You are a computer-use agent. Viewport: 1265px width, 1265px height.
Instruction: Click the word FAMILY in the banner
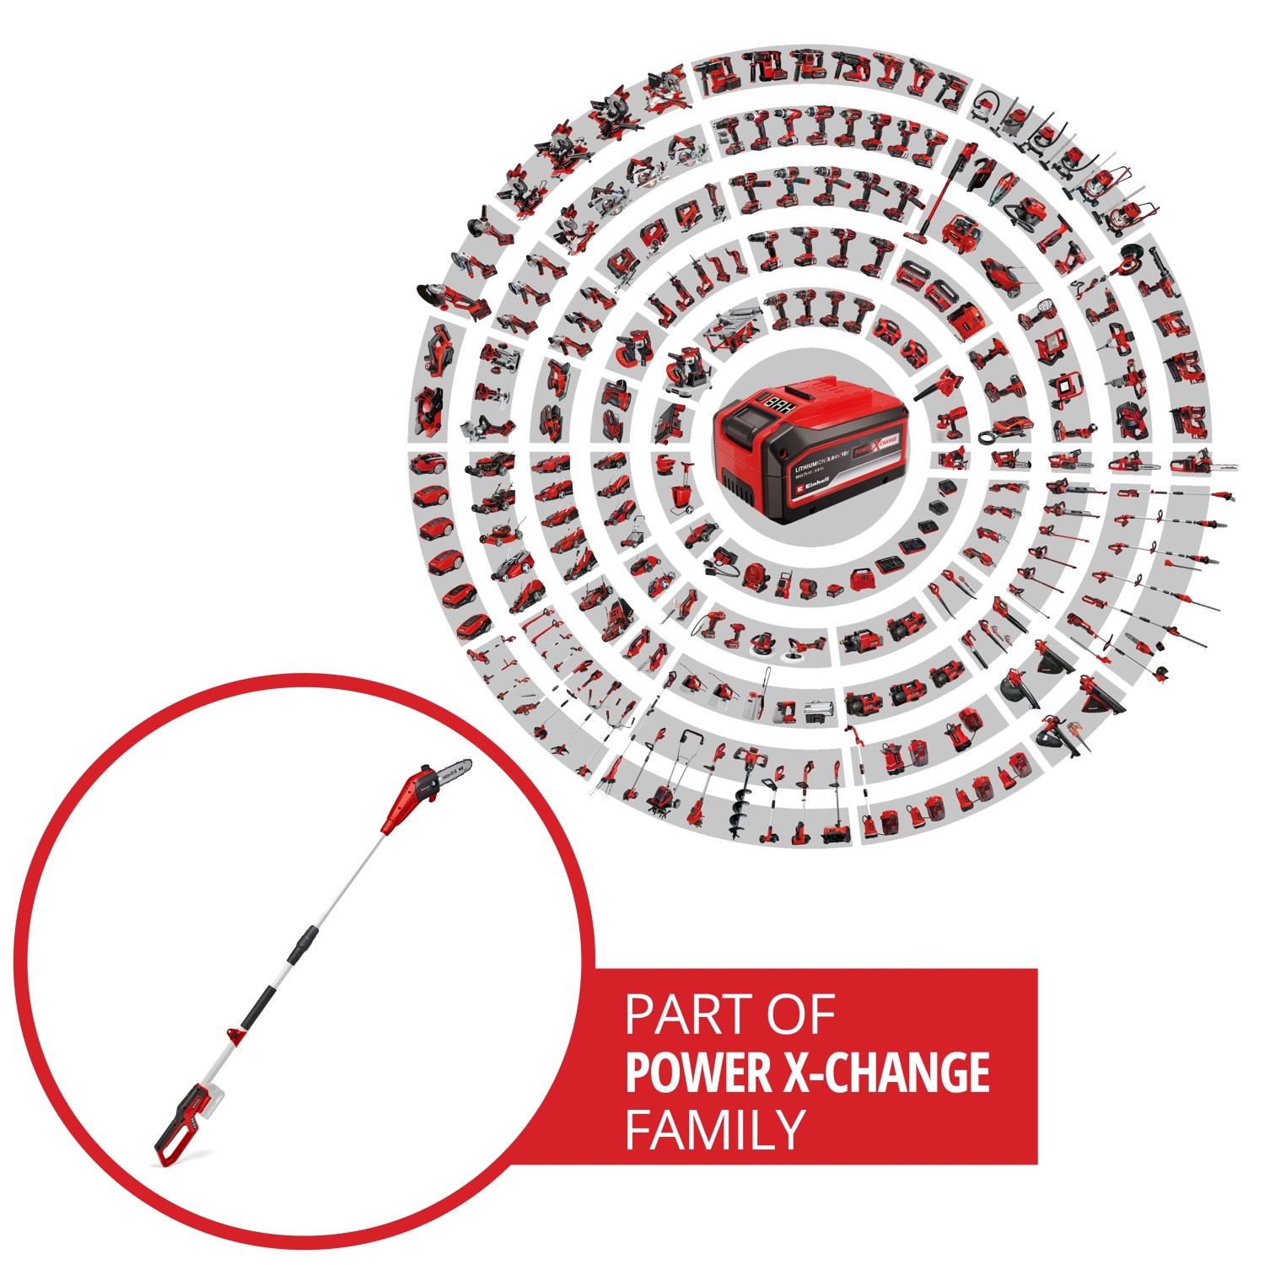click(x=715, y=1129)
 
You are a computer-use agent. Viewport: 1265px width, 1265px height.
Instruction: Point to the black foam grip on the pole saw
click(x=258, y=1006)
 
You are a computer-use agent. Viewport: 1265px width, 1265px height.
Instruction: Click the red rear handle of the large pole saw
click(x=180, y=1126)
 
